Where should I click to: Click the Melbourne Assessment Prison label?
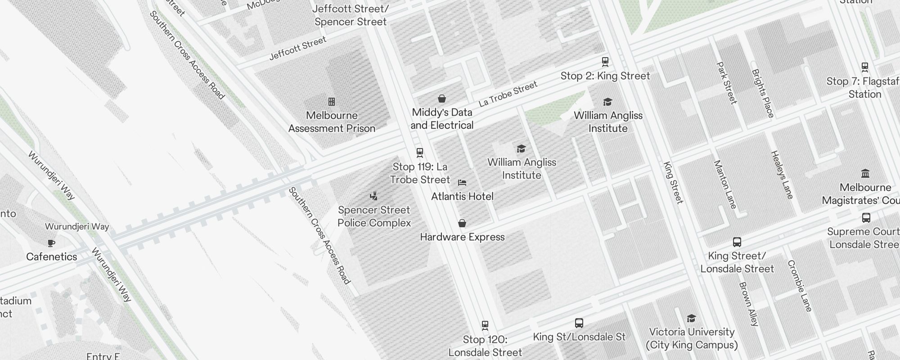[332, 122]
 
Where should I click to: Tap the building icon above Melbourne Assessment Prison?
[332, 102]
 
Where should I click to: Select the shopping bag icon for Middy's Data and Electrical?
[442, 99]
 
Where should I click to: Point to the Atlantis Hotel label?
[462, 197]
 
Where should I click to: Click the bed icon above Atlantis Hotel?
[462, 183]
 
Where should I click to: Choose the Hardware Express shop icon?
[462, 223]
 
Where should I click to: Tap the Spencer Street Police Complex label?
[374, 216]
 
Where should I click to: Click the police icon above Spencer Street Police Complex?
[373, 196]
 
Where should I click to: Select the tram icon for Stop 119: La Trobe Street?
[420, 153]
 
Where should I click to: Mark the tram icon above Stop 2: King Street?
[605, 62]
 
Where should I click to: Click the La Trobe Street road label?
[508, 94]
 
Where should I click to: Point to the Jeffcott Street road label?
[297, 49]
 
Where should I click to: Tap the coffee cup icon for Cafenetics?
[51, 243]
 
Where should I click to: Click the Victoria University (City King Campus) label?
[692, 338]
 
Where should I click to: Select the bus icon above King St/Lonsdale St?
[579, 323]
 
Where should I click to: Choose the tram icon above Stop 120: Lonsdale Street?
[485, 325]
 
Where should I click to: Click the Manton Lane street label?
[725, 184]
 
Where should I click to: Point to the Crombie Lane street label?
[800, 286]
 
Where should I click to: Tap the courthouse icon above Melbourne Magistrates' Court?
[865, 174]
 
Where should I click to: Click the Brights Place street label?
[762, 93]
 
